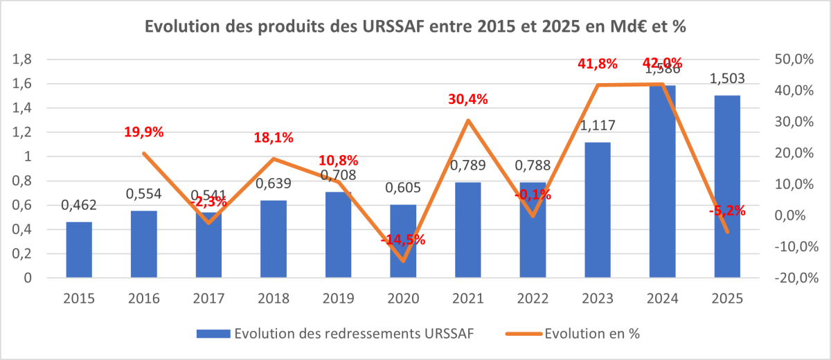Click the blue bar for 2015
[79, 250]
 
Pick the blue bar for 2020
[403, 242]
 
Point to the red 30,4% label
[468, 99]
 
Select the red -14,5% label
[403, 240]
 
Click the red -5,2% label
[726, 211]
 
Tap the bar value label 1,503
[726, 79]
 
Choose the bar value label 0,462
[79, 205]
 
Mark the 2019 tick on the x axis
[338, 298]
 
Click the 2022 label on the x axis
[532, 298]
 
